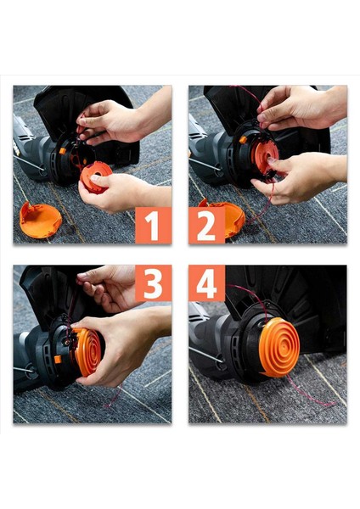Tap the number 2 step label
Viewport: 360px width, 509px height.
[x=206, y=226]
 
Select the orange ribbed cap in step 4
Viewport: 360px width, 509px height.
[x=278, y=347]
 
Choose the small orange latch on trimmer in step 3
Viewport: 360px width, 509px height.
[x=58, y=360]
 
